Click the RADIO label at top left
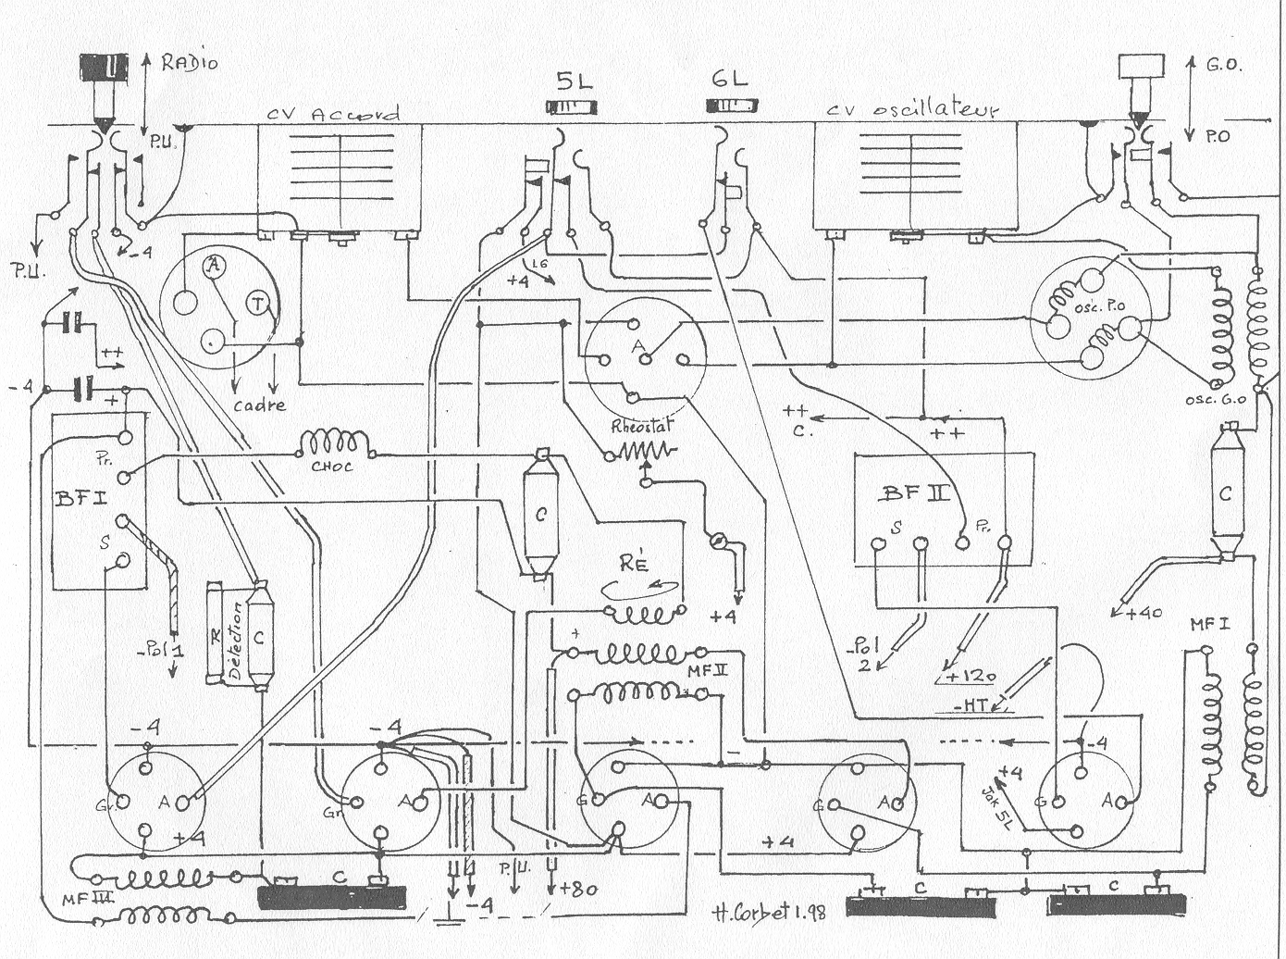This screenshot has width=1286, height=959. (x=191, y=63)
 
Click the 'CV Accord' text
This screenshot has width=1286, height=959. (x=334, y=114)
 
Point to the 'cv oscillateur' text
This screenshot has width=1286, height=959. (x=914, y=110)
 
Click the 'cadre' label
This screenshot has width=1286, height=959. (x=260, y=405)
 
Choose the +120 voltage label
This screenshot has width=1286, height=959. (x=968, y=676)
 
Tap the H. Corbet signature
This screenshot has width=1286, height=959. (x=771, y=909)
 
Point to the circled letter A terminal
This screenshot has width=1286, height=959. (x=214, y=267)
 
